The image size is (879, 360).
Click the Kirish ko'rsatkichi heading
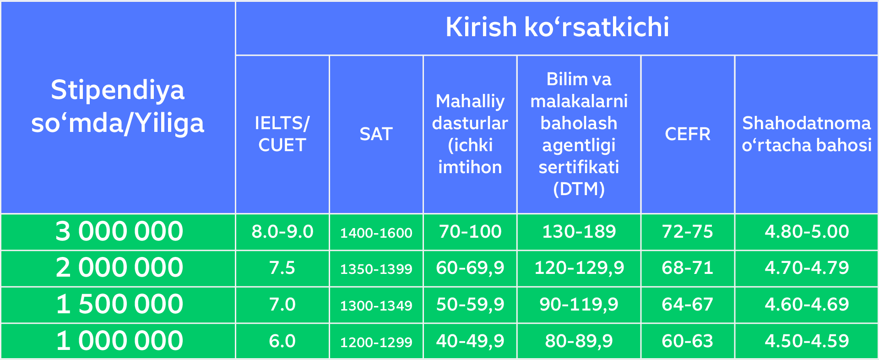[x=557, y=27]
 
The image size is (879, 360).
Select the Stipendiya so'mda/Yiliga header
[x=118, y=106]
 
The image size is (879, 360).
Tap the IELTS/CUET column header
[x=282, y=134]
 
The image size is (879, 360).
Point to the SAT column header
[x=376, y=134]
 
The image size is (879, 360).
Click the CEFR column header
[x=688, y=134]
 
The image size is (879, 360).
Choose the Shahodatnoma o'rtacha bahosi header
[x=807, y=134]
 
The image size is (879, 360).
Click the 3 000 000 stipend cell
[x=119, y=231]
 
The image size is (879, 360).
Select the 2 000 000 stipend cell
[x=119, y=267]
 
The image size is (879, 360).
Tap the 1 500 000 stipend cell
[x=119, y=304]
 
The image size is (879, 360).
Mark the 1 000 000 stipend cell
[x=119, y=341]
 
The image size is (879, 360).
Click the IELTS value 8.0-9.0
[x=282, y=232]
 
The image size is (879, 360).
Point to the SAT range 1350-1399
[x=376, y=269]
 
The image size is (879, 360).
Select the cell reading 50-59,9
[x=470, y=305]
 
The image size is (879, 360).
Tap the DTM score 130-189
[x=579, y=232]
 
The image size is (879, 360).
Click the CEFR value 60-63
[x=688, y=341]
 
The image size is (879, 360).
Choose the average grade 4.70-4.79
[x=807, y=268]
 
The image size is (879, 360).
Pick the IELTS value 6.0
[x=282, y=341]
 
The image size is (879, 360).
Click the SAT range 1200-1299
[x=376, y=342]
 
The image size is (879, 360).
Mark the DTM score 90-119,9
[x=579, y=305]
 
